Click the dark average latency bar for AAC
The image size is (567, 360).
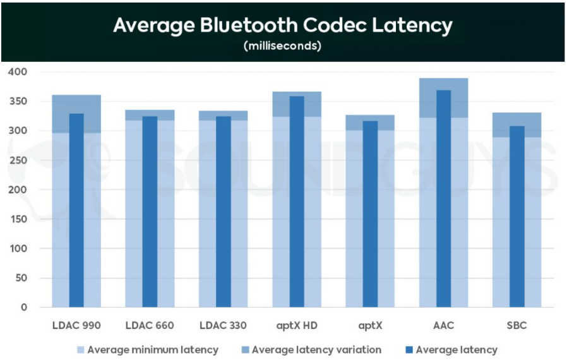(443, 202)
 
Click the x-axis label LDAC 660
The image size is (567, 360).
(150, 326)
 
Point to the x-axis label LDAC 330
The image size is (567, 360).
(223, 326)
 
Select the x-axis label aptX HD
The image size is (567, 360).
(296, 326)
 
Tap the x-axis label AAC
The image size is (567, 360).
(443, 326)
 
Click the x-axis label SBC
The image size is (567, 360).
(516, 326)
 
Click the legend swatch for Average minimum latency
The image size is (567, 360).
(80, 350)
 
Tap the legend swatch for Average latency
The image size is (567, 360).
(408, 350)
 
